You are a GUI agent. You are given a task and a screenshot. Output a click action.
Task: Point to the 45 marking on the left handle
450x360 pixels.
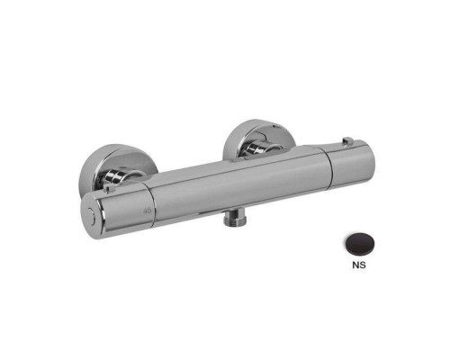coord(148,211)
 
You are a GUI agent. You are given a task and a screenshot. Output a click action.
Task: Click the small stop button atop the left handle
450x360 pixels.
coord(109,189)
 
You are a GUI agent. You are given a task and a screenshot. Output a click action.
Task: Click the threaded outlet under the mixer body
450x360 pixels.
coord(235,219)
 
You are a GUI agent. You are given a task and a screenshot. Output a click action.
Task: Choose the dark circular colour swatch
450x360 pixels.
coord(359,244)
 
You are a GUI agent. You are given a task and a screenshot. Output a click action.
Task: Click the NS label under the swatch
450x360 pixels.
coord(359,265)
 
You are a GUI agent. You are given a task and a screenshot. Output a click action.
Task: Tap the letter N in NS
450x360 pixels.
coord(355,265)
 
